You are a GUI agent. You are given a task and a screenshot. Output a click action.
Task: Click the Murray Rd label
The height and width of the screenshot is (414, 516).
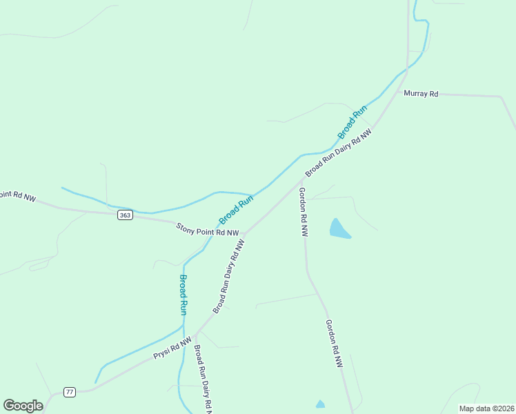coord(421,93)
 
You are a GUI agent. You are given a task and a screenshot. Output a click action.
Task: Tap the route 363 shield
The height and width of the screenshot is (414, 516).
coord(125,215)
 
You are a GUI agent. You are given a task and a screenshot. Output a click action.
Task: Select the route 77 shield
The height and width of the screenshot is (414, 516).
coord(69,392)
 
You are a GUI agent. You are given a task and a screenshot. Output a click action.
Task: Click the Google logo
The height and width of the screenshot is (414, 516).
coord(23,406)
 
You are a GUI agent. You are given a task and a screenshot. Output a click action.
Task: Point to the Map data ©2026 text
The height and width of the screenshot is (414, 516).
coord(486,408)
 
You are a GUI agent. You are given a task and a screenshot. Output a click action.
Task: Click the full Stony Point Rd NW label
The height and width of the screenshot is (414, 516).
coord(207,229)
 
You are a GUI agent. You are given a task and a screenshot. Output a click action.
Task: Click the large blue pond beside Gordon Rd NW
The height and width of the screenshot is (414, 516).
coord(339,229)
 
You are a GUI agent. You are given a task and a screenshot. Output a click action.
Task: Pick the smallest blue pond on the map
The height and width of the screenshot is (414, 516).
coord(319,404)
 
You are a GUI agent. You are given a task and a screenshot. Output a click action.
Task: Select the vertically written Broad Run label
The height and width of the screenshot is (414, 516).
coord(183,295)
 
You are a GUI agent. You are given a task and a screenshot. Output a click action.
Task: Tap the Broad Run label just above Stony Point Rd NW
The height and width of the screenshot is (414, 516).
coord(237,209)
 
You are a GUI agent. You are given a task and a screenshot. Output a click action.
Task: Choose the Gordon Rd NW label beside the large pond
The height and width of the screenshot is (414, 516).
coord(302,212)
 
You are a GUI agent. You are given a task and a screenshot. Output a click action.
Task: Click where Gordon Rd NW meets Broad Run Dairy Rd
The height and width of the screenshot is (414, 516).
coord(302,178)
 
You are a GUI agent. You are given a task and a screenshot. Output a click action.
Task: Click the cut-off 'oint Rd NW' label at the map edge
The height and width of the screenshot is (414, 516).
coord(17,196)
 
